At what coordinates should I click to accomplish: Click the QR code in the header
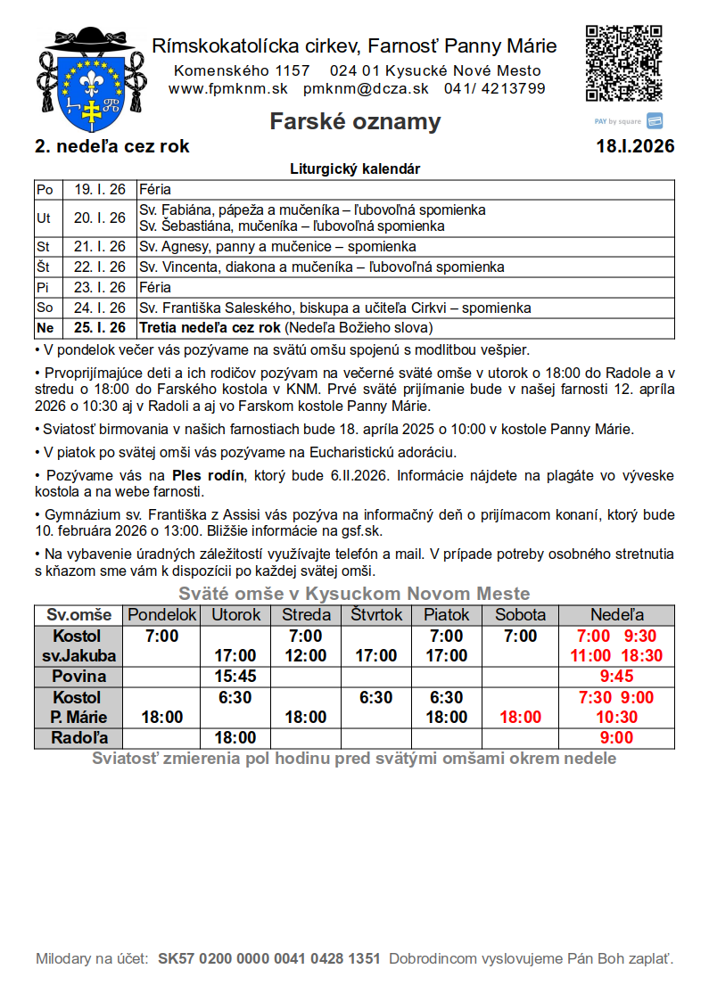(x=624, y=63)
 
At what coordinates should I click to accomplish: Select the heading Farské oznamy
(x=355, y=121)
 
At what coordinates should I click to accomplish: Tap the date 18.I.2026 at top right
(x=635, y=146)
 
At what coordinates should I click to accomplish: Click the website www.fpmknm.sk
(x=228, y=88)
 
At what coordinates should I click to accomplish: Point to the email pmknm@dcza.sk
(x=366, y=88)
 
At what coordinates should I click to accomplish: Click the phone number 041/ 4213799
(x=495, y=88)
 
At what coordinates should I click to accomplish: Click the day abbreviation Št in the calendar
(x=44, y=267)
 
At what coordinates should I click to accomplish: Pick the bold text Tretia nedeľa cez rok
(x=210, y=328)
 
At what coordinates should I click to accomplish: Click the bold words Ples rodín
(x=208, y=475)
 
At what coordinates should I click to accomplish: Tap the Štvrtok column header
(x=376, y=615)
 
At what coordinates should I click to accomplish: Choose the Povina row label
(x=78, y=677)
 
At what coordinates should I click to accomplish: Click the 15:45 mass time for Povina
(x=235, y=677)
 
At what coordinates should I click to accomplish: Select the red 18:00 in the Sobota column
(x=520, y=717)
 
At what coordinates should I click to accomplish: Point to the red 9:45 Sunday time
(x=616, y=677)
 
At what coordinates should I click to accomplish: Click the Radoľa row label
(x=78, y=737)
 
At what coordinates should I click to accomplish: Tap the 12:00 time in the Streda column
(x=305, y=656)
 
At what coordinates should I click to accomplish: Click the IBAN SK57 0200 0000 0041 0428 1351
(x=269, y=959)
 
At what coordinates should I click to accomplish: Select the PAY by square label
(x=618, y=121)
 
